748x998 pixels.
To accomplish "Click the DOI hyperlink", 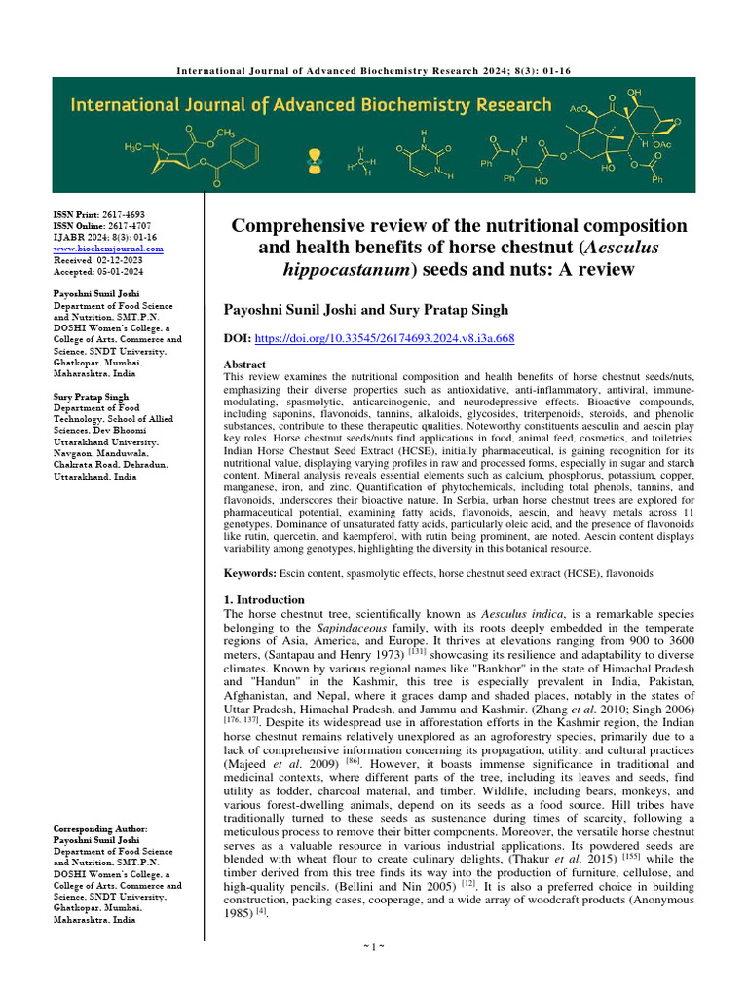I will (x=385, y=338).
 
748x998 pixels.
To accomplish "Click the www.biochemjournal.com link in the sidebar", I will (x=108, y=249).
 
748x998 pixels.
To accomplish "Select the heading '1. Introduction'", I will (x=264, y=599).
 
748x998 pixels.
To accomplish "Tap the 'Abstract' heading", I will (x=245, y=363).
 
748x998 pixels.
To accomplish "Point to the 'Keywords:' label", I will (x=250, y=574).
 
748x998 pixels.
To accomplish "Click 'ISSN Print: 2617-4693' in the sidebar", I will (x=99, y=214).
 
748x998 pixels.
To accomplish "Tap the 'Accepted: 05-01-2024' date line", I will (x=95, y=273).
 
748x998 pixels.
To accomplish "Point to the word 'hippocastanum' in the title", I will (x=340, y=269).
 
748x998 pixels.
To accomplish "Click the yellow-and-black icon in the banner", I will (x=314, y=157).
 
